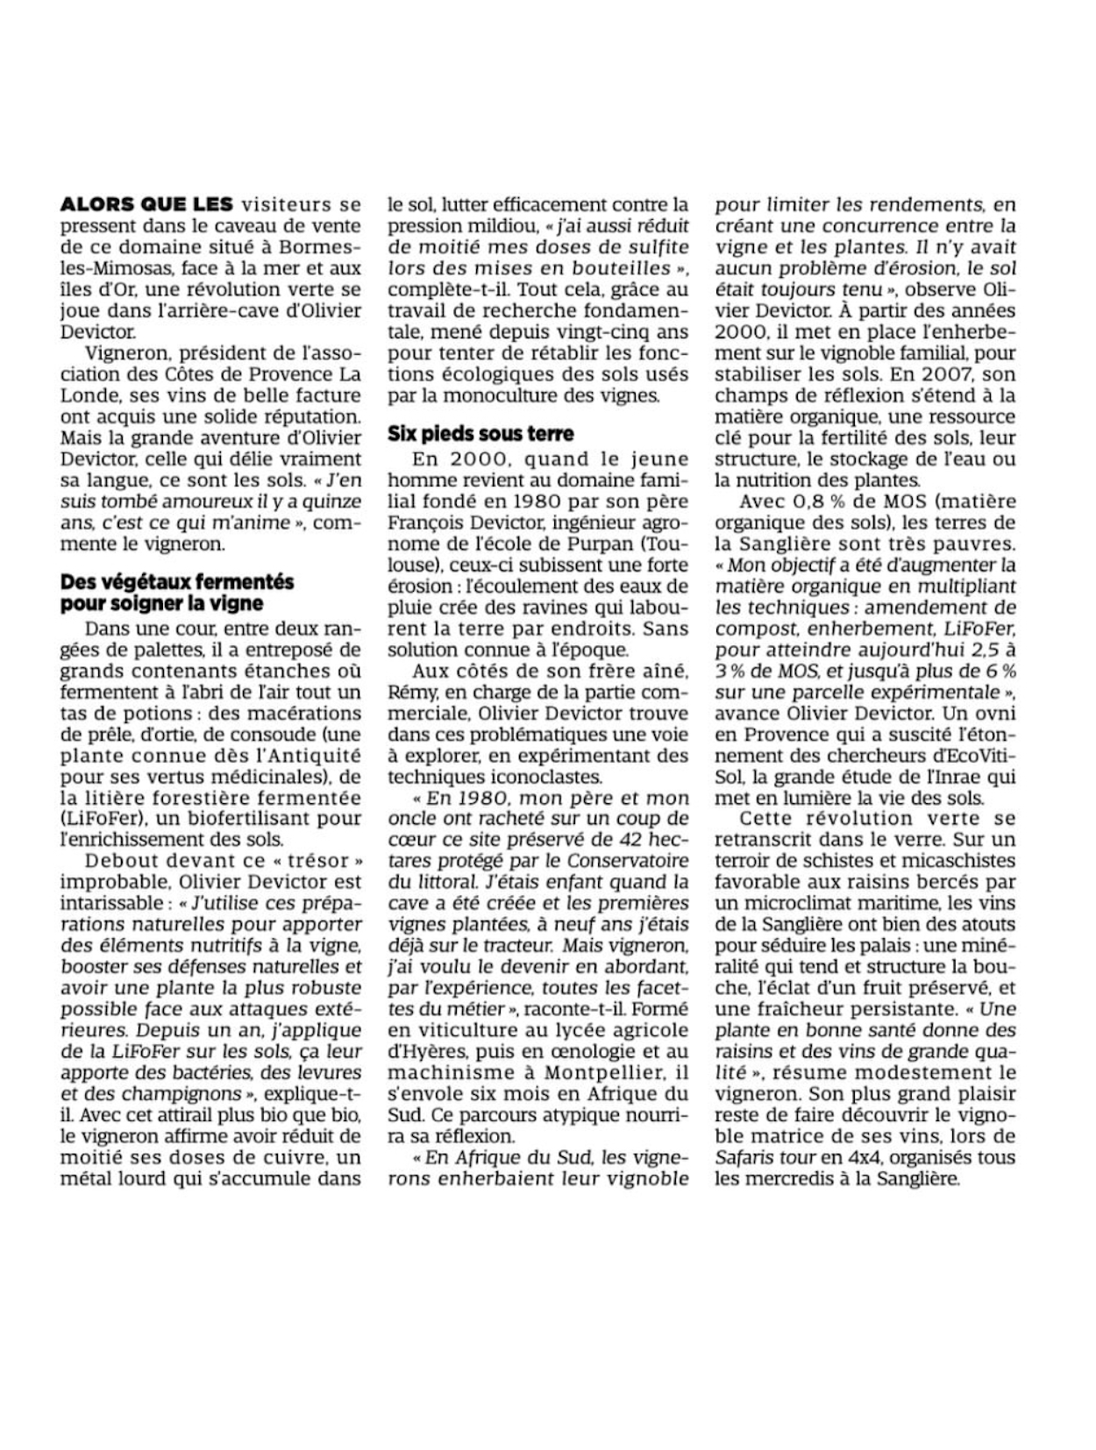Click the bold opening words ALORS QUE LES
[146, 204]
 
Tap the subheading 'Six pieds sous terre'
[480, 433]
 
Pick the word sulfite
[650, 247]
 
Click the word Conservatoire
[628, 861]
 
